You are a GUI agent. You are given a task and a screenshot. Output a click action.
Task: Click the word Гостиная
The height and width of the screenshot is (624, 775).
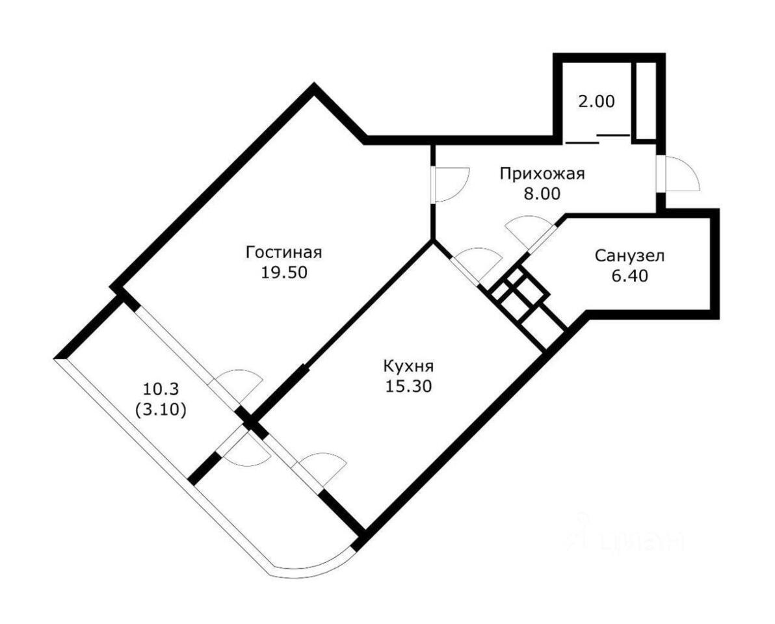tap(283, 252)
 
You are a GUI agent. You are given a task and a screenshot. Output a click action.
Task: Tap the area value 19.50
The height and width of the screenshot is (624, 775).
tap(284, 272)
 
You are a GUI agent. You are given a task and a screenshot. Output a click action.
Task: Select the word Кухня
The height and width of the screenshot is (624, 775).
tap(408, 367)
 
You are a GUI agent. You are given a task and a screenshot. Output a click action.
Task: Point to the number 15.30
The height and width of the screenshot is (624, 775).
tap(409, 386)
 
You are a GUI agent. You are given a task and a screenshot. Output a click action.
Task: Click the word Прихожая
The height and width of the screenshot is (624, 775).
tap(542, 174)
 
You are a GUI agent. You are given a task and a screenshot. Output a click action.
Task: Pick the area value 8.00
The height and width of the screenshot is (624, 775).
tap(542, 194)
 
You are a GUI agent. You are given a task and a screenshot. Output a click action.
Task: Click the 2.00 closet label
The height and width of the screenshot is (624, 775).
tap(597, 102)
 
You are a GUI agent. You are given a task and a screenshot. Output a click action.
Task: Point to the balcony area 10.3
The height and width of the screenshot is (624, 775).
tap(160, 389)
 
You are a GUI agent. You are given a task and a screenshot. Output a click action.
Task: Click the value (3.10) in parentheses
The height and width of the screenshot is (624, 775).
tap(160, 410)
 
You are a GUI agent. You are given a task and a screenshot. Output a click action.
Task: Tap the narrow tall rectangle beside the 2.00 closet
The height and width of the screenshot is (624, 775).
tap(646, 100)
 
